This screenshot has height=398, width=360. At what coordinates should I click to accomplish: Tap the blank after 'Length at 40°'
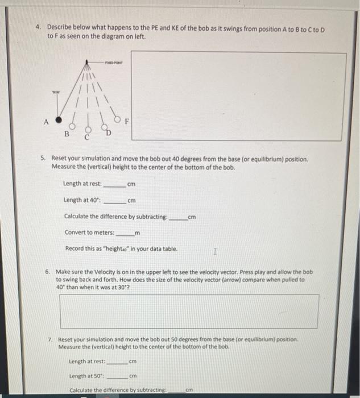[116, 201]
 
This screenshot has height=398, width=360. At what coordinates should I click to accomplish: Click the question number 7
[51, 339]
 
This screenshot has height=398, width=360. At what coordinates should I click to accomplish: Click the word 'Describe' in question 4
[59, 27]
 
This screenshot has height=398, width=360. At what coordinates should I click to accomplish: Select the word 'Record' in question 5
[75, 249]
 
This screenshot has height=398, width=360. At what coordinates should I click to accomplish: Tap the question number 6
[47, 272]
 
